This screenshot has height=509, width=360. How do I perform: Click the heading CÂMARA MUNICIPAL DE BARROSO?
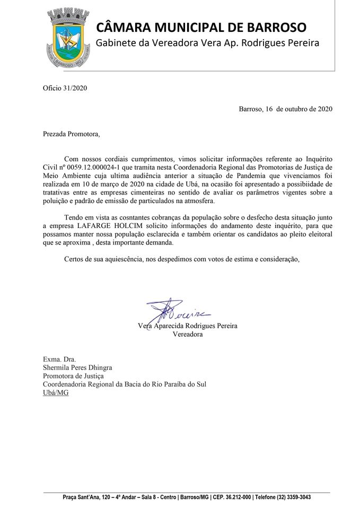(x=201, y=27)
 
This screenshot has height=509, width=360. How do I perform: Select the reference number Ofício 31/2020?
(x=65, y=88)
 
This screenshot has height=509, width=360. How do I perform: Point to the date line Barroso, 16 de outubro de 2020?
(x=285, y=110)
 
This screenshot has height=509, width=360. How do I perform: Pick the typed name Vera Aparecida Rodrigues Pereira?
(x=187, y=326)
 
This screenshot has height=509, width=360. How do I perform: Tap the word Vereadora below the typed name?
(x=187, y=335)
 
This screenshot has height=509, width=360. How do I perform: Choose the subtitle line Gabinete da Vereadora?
(x=207, y=43)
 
